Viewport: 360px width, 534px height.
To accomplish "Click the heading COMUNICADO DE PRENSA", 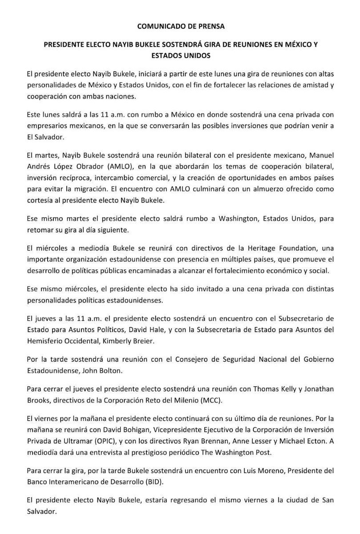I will click(x=181, y=26).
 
